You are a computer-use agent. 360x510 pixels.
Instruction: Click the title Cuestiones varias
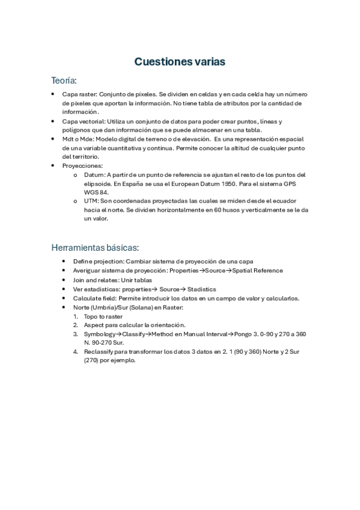click(180, 61)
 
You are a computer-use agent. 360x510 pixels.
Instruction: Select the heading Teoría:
click(64, 80)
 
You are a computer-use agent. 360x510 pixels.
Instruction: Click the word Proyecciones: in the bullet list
click(82, 165)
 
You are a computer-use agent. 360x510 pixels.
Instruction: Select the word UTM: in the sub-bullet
click(92, 201)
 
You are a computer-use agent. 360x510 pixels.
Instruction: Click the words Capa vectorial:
click(84, 121)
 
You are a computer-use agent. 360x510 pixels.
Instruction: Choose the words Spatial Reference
click(258, 271)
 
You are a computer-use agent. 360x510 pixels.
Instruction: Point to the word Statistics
click(202, 289)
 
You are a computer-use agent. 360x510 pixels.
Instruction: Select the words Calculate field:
click(94, 298)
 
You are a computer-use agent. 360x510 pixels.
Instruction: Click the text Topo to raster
click(103, 316)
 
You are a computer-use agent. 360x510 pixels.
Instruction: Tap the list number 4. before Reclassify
click(76, 352)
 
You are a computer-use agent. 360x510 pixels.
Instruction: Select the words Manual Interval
click(201, 334)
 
